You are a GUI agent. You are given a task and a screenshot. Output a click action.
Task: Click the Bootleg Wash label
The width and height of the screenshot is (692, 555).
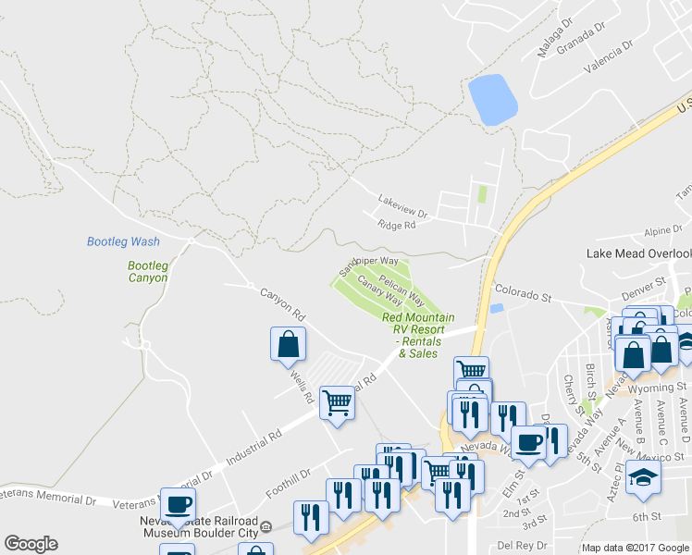pos(123,241)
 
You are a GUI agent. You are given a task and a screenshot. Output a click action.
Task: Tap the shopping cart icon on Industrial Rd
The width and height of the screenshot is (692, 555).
pos(337,403)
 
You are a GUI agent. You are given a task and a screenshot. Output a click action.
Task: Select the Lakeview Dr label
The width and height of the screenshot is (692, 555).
pos(402,205)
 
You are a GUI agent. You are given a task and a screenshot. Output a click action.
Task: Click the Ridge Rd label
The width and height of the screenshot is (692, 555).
pos(397,226)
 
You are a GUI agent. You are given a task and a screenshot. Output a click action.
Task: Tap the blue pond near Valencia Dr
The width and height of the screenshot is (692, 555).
pos(492,100)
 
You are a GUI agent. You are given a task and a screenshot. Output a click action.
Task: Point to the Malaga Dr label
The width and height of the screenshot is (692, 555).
pos(556,35)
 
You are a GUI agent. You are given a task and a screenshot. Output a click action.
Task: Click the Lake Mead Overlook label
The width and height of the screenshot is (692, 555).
pos(639,253)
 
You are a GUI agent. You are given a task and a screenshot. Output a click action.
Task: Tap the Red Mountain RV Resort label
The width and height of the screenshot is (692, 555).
pos(419,335)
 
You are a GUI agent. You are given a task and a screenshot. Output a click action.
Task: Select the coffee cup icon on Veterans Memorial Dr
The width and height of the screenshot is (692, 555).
pos(179,505)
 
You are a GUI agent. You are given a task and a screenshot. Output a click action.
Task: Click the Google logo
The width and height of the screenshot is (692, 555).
pos(31,544)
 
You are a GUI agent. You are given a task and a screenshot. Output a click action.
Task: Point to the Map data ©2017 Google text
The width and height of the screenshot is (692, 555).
pos(634,548)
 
